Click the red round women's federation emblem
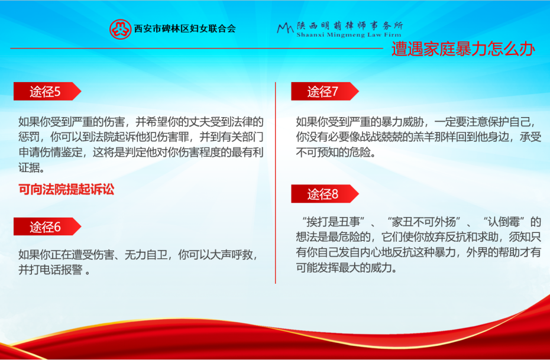tap(120, 28)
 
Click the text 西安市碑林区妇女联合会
tap(185, 28)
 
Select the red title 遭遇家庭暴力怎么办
tap(463, 48)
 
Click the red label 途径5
tap(46, 92)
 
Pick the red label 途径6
tap(46, 226)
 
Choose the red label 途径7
tap(323, 92)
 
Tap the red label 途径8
tap(323, 194)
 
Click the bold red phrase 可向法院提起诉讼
tap(66, 190)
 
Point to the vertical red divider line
tap(276, 183)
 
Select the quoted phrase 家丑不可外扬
tap(424, 222)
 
